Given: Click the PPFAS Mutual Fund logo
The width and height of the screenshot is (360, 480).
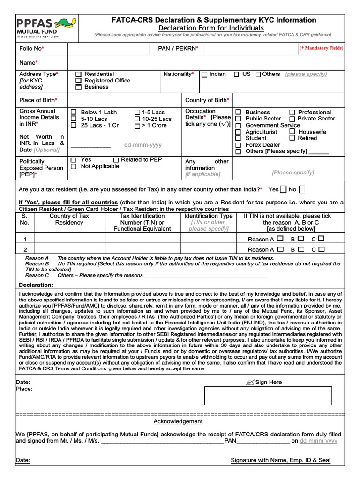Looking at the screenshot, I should pos(42,28).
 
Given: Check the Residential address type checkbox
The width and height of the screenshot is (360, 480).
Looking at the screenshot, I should pos(78,75).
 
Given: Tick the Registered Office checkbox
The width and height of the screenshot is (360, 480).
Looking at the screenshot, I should pos(78,81).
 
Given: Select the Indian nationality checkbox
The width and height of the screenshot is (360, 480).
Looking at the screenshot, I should pos(204,75).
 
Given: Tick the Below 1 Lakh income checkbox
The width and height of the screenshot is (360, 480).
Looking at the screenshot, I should pos(74,112).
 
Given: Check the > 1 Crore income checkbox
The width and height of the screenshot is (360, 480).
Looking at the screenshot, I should pos(137,126).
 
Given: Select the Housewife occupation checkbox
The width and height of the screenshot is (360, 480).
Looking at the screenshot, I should pos(292,132).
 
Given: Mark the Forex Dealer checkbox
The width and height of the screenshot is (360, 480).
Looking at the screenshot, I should pos(238,145).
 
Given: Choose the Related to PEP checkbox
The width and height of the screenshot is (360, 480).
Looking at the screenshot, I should pos(116,160).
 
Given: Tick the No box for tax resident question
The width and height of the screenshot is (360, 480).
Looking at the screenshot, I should pos(302,189).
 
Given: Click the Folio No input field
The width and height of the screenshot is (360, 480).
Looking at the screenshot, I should pos(107,48).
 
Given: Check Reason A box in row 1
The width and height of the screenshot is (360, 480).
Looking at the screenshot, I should pos(280,239).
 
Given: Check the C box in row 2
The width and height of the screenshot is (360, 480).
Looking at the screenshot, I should pos(321,249).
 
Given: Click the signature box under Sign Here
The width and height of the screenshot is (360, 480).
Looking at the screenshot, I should pos(268,396).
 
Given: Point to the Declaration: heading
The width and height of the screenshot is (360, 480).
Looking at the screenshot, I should pos(36,285).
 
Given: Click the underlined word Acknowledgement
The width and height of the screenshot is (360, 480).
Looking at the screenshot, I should pos(178,421).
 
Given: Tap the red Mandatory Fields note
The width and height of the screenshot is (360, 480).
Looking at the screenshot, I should pos(321,48).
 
